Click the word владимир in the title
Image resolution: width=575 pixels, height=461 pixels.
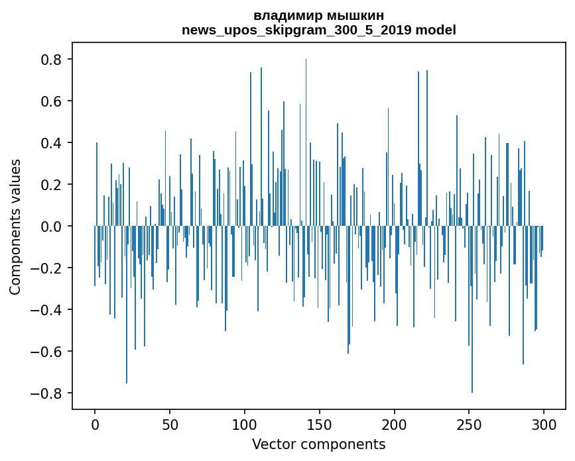pyautogui.click(x=286, y=16)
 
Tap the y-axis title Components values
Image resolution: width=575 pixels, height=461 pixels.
pyautogui.click(x=15, y=227)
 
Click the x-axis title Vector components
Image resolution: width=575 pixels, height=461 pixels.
pyautogui.click(x=318, y=444)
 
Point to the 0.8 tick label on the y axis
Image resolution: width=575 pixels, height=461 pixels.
pyautogui.click(x=50, y=60)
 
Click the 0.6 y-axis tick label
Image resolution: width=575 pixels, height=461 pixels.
pyautogui.click(x=50, y=101)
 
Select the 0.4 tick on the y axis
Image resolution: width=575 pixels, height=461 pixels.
pyautogui.click(x=50, y=143)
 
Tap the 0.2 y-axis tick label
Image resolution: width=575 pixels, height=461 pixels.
pyautogui.click(x=50, y=185)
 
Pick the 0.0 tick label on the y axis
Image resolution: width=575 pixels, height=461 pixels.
pyautogui.click(x=50, y=227)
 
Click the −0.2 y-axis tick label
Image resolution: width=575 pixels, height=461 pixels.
pyautogui.click(x=46, y=268)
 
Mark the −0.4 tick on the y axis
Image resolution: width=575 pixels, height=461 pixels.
pyautogui.click(x=46, y=310)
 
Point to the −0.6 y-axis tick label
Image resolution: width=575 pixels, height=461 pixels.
pyautogui.click(x=46, y=351)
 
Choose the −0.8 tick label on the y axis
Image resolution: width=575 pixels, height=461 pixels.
pyautogui.click(x=46, y=393)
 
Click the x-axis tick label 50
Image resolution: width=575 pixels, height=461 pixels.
pyautogui.click(x=170, y=425)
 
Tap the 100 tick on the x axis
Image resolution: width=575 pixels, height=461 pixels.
pyautogui.click(x=245, y=425)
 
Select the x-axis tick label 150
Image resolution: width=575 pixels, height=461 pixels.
pyautogui.click(x=320, y=425)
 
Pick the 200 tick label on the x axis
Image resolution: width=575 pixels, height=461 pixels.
pyautogui.click(x=395, y=425)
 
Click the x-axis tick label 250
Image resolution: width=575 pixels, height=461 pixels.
pyautogui.click(x=469, y=425)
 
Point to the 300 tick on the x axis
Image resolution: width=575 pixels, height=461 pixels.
pyautogui.click(x=544, y=425)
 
